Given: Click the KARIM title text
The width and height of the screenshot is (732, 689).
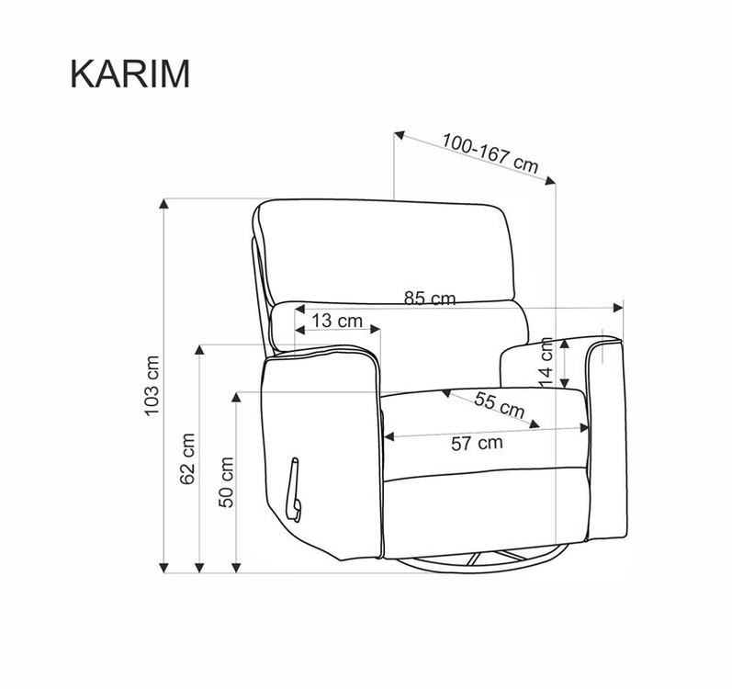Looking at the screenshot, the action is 130,73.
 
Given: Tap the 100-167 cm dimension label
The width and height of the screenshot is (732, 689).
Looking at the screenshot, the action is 490,152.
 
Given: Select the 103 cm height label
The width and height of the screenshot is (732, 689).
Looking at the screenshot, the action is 152,386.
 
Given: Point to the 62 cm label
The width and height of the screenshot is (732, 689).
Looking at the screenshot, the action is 187,458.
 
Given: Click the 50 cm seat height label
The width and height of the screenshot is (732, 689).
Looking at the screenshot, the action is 226,482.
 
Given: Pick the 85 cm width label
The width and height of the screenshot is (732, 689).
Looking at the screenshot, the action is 430,299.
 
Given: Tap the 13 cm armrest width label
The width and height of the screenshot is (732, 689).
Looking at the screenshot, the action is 337,322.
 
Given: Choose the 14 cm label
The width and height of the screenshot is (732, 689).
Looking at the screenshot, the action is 546,363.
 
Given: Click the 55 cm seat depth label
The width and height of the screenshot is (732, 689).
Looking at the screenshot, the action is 500,405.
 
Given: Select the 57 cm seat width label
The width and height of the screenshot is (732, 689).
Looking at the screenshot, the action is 477,443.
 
